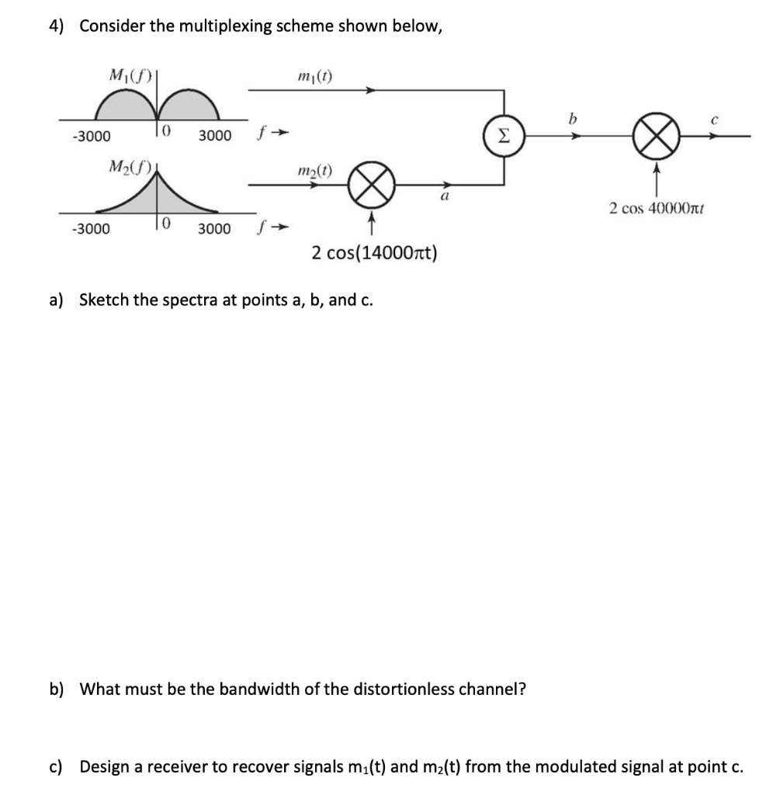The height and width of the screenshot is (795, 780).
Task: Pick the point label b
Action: (574, 119)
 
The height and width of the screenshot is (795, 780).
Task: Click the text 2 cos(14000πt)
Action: (374, 252)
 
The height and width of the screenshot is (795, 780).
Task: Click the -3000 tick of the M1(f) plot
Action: (91, 136)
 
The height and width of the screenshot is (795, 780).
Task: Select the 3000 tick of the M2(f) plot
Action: (214, 229)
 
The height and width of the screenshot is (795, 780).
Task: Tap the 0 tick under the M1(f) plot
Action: (166, 134)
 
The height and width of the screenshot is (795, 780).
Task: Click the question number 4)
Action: (57, 26)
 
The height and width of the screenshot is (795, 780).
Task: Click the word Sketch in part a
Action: (105, 300)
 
